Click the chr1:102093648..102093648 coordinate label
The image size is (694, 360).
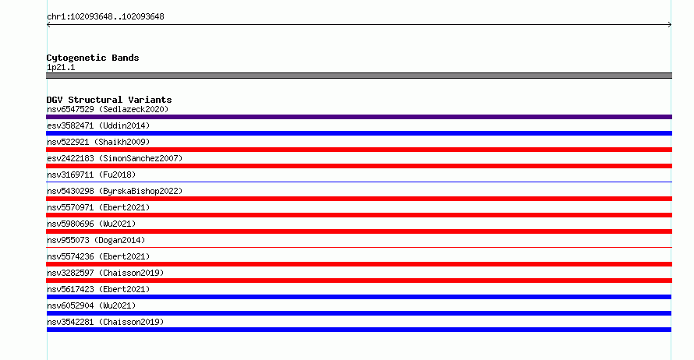pyautogui.click(x=105, y=17)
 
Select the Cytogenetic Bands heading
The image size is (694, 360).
pyautogui.click(x=93, y=58)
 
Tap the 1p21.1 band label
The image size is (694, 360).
pyautogui.click(x=61, y=67)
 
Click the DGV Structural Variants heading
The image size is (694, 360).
pyautogui.click(x=109, y=100)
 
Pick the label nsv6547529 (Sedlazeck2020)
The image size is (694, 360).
pyautogui.click(x=108, y=109)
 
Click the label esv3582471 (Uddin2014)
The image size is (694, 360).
pyautogui.click(x=98, y=125)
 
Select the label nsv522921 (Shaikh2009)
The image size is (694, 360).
pyautogui.click(x=98, y=142)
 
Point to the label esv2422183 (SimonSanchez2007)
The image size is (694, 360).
pyautogui.click(x=115, y=158)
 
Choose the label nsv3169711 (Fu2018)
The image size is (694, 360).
pyautogui.click(x=91, y=175)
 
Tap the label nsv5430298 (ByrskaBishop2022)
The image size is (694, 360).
pyautogui.click(x=115, y=191)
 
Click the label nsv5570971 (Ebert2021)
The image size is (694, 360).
pyautogui.click(x=98, y=207)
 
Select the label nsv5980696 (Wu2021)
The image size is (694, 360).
pyautogui.click(x=91, y=224)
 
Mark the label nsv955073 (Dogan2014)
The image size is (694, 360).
pyautogui.click(x=96, y=240)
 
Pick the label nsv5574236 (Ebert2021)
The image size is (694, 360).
pyautogui.click(x=98, y=256)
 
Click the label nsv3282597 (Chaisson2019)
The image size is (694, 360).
pyautogui.click(x=105, y=273)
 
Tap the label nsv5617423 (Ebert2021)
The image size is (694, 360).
pyautogui.click(x=98, y=289)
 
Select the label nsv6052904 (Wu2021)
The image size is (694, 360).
pyautogui.click(x=91, y=305)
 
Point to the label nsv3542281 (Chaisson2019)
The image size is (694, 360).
pyautogui.click(x=105, y=322)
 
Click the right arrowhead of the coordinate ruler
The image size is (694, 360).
pyautogui.click(x=670, y=25)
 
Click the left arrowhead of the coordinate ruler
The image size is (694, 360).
pyautogui.click(x=48, y=25)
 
